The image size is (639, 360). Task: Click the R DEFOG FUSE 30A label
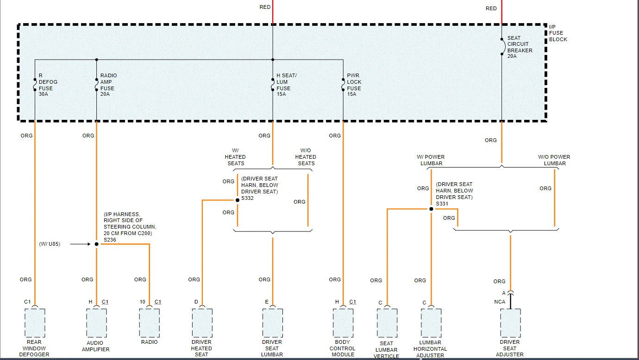(45, 85)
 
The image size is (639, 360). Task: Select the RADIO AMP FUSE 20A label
(108, 85)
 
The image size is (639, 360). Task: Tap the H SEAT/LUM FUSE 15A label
(286, 85)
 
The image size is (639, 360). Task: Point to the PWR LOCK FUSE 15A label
(354, 85)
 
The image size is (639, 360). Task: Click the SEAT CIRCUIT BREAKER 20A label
(520, 47)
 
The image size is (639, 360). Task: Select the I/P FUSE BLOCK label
(558, 33)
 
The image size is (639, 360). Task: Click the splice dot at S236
(96, 244)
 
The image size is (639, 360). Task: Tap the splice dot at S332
(237, 200)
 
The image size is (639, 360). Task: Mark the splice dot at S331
(431, 209)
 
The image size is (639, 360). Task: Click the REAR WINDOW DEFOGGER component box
(35, 323)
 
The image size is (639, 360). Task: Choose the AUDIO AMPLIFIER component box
(96, 323)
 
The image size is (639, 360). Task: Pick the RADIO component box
(150, 323)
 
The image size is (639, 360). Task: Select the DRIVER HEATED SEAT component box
(202, 323)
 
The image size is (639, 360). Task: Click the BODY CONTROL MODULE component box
(343, 323)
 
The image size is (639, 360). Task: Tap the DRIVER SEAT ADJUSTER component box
(510, 323)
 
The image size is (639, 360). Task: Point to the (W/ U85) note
(50, 244)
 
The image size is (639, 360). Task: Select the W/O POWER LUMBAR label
(554, 160)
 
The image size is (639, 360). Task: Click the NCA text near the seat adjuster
(499, 302)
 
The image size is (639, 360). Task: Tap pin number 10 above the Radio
(143, 302)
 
